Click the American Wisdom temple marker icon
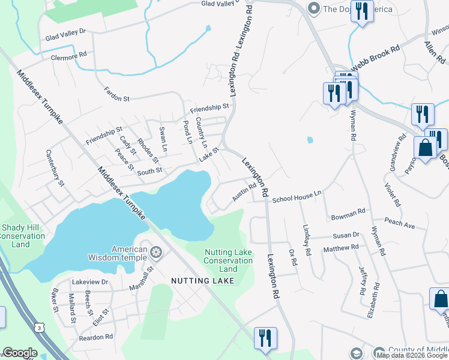[x=156, y=253]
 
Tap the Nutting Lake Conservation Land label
[x=228, y=260]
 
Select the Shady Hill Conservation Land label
[x=21, y=236]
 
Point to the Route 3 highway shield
[x=39, y=328]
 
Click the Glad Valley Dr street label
[x=66, y=34]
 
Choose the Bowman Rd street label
[x=348, y=213]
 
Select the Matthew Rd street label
[x=340, y=247]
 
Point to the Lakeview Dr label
[x=90, y=281]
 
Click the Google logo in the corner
[x=20, y=353]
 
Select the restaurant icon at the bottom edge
[x=264, y=337]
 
